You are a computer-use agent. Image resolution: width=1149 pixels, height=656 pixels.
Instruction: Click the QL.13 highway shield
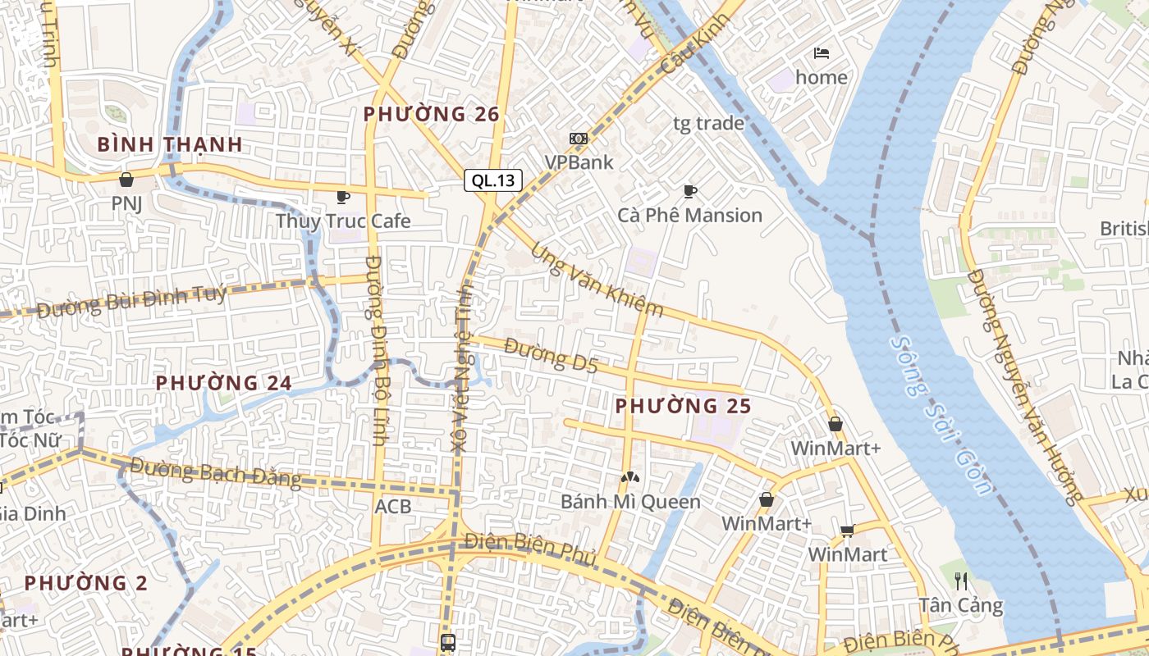(493, 180)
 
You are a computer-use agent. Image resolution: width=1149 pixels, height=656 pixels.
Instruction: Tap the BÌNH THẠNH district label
(170, 144)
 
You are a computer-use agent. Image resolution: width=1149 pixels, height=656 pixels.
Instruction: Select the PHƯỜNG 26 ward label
(432, 115)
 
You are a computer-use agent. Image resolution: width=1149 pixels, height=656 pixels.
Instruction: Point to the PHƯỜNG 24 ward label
(224, 383)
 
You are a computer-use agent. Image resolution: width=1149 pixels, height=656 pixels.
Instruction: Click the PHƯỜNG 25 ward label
(684, 406)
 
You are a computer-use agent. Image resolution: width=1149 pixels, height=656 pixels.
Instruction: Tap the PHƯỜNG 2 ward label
(86, 584)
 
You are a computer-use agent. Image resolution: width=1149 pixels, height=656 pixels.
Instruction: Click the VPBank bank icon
(579, 139)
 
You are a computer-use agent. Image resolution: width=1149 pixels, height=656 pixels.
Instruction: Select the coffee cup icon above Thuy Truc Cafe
(343, 197)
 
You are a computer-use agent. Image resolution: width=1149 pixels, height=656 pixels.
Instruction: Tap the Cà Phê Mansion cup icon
(690, 191)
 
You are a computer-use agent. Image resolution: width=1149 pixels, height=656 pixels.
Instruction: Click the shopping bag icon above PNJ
(126, 179)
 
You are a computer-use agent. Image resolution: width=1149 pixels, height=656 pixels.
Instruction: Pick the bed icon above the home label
(822, 53)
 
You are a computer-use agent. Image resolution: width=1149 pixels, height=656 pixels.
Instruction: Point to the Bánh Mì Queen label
(631, 502)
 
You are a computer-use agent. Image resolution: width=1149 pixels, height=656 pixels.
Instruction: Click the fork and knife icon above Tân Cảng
(961, 581)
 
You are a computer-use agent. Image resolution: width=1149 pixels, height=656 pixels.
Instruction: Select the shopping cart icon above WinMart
(848, 531)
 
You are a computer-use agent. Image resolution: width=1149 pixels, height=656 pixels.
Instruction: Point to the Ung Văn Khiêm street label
(597, 280)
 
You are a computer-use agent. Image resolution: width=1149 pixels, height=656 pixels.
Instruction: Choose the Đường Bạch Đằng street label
(215, 473)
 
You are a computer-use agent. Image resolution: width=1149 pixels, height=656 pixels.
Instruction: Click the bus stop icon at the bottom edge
(447, 642)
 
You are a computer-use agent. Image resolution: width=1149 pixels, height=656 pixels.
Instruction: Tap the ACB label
(393, 507)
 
